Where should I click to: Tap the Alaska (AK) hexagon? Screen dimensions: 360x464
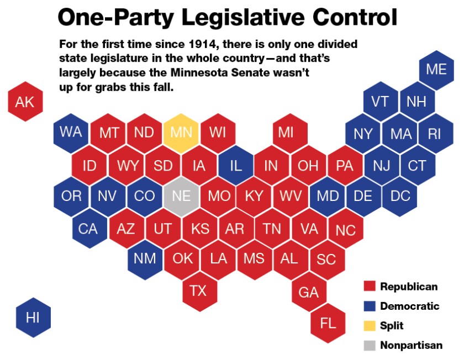pyautogui.click(x=25, y=102)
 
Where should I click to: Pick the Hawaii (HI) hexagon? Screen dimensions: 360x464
pyautogui.click(x=33, y=317)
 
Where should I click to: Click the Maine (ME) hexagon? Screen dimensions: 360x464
pyautogui.click(x=436, y=70)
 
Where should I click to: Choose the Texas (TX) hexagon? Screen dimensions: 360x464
pyautogui.click(x=198, y=290)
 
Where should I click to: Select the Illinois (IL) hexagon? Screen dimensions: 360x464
pyautogui.click(x=236, y=165)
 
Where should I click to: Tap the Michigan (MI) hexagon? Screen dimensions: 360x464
pyautogui.click(x=286, y=133)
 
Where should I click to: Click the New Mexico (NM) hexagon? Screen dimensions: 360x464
pyautogui.click(x=145, y=258)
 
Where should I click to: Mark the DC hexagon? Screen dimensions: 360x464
pyautogui.click(x=400, y=195)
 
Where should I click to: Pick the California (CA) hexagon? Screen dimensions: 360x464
pyautogui.click(x=88, y=228)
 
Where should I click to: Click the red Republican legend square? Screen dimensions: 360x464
pyautogui.click(x=370, y=287)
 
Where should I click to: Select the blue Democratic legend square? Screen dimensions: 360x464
pyautogui.click(x=370, y=306)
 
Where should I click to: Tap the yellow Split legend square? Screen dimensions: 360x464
pyautogui.click(x=370, y=326)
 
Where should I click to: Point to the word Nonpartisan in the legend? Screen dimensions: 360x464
pyautogui.click(x=411, y=345)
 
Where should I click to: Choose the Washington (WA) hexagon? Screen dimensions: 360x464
pyautogui.click(x=71, y=133)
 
